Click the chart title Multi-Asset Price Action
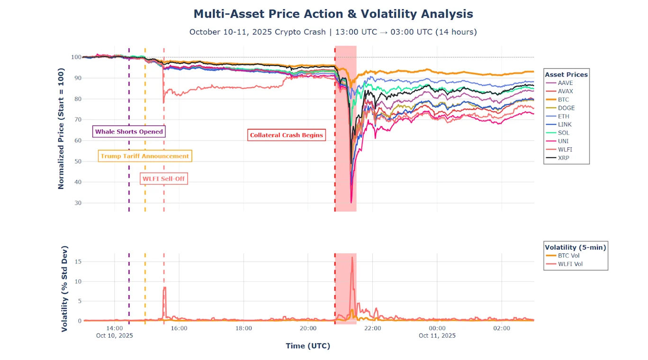tap(333, 14)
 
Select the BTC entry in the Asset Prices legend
tap(564, 100)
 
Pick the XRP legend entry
tap(564, 158)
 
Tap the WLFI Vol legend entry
tap(570, 264)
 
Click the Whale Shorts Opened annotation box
tap(129, 132)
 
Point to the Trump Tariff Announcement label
tap(145, 156)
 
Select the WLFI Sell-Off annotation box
tap(164, 179)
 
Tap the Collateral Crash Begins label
tap(287, 135)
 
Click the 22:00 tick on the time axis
tap(373, 328)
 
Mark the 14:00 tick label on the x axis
tap(115, 328)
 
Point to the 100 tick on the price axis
tap(76, 57)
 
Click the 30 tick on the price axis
tap(77, 203)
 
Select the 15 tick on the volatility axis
tap(78, 261)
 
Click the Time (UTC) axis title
tap(307, 346)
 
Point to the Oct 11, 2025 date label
tap(437, 335)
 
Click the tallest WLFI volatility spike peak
tap(352, 257)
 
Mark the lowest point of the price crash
tap(351, 203)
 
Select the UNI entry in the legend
tap(564, 141)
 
